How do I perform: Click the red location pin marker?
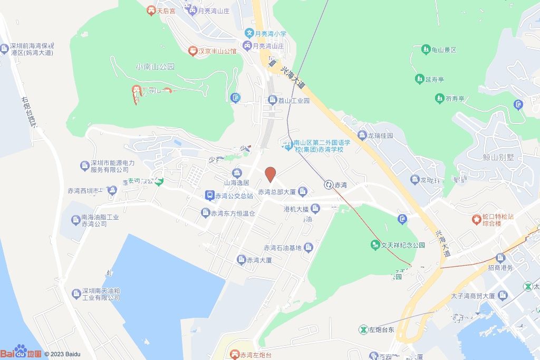pos(270,174)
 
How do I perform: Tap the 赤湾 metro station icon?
pos(329,184)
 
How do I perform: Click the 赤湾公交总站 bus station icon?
pos(209,196)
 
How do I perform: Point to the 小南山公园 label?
pos(155,67)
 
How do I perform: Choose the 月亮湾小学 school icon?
pos(249,33)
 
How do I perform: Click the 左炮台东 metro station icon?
pos(363,329)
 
